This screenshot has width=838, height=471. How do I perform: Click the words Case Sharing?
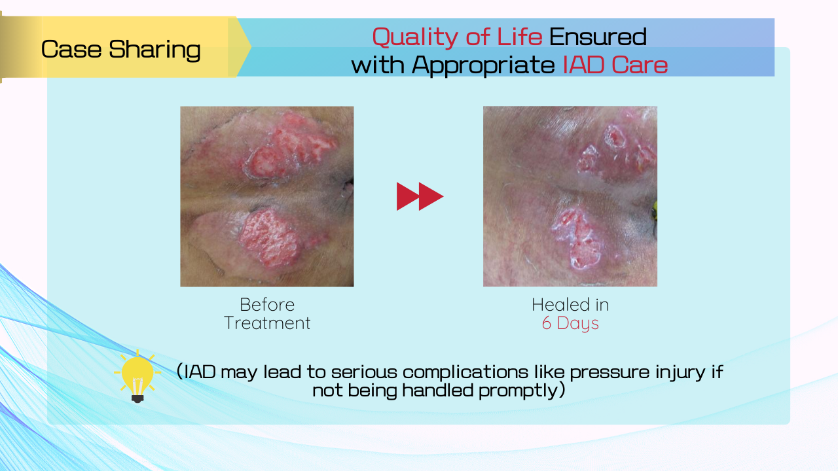[121, 49]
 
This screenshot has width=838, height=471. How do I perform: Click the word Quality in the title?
[415, 37]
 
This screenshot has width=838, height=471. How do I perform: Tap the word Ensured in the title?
[598, 36]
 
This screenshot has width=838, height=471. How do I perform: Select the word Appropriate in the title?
[483, 65]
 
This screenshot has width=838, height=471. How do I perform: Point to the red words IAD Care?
[615, 65]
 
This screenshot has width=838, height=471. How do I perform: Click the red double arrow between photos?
[420, 196]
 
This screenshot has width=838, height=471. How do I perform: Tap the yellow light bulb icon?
[137, 376]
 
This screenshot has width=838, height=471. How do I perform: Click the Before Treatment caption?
[267, 313]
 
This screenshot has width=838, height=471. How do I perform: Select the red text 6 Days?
[570, 323]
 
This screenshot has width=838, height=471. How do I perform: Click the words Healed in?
[570, 305]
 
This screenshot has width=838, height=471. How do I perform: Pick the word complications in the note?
[465, 372]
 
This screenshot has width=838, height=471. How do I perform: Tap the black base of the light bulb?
[137, 398]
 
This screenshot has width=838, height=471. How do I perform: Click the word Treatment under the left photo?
[267, 323]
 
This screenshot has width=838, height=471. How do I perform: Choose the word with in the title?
[378, 65]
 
